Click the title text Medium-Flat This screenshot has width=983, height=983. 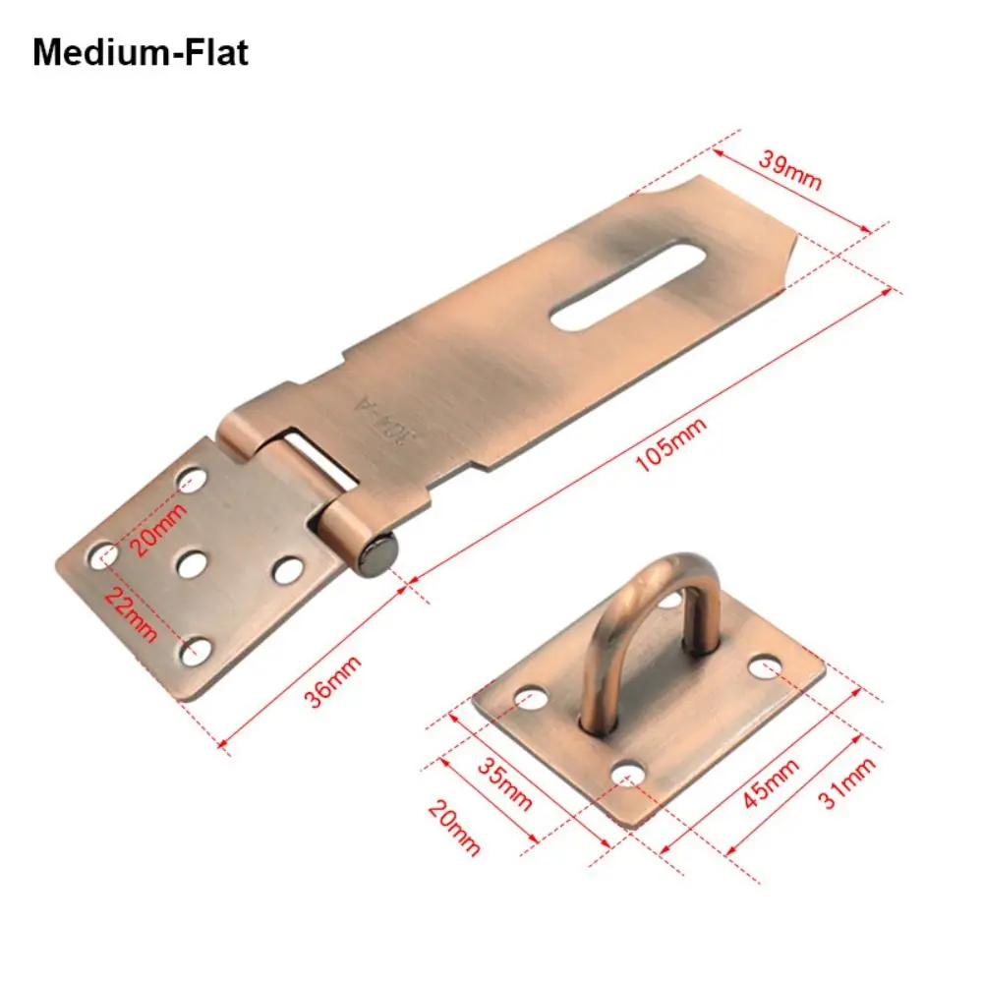point(141,52)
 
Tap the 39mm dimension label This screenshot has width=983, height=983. point(788,173)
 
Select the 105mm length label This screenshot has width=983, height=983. point(667,445)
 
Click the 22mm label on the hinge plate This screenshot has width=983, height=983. point(130,613)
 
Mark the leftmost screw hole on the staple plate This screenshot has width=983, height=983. point(531,699)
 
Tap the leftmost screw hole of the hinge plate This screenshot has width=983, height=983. point(103,557)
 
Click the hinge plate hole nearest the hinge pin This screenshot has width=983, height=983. point(287,570)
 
